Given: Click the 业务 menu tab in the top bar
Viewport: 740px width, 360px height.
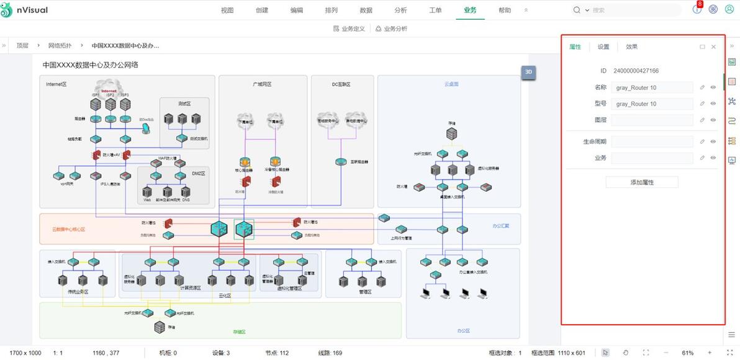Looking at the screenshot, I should tap(470, 11).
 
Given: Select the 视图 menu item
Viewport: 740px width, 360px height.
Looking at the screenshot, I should tap(227, 11).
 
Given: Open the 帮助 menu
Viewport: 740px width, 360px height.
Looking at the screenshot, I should tap(505, 11).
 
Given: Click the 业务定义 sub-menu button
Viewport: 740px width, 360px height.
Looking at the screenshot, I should tap(350, 29).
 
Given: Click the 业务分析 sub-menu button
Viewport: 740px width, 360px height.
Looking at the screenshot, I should tap(391, 29).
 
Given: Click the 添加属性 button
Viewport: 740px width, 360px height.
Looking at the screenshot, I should tap(642, 182).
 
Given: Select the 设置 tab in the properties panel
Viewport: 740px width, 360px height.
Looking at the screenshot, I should tap(603, 47).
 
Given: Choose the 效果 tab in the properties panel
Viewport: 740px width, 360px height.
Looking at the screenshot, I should tap(631, 47).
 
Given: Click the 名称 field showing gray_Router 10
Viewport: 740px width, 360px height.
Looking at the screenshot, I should tap(652, 88).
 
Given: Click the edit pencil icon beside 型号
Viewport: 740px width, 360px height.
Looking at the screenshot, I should tap(702, 104).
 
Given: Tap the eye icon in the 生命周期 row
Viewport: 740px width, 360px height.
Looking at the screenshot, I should tap(713, 142).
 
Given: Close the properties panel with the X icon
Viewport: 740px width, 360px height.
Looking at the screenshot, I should tap(713, 47).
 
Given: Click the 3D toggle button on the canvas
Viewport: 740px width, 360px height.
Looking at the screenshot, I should tap(528, 72).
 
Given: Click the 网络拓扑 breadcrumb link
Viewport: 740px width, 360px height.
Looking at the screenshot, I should tap(60, 45).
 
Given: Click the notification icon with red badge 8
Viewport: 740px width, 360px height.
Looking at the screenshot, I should tap(697, 9).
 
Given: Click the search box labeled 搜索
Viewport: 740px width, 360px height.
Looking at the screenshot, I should tap(627, 11).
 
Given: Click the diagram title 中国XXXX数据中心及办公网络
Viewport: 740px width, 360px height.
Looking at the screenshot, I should tap(90, 65).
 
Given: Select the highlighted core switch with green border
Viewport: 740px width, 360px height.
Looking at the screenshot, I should tap(244, 229).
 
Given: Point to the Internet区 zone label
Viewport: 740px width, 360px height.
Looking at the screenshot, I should tap(56, 84).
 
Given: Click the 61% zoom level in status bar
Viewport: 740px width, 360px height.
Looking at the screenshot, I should tap(687, 353).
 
